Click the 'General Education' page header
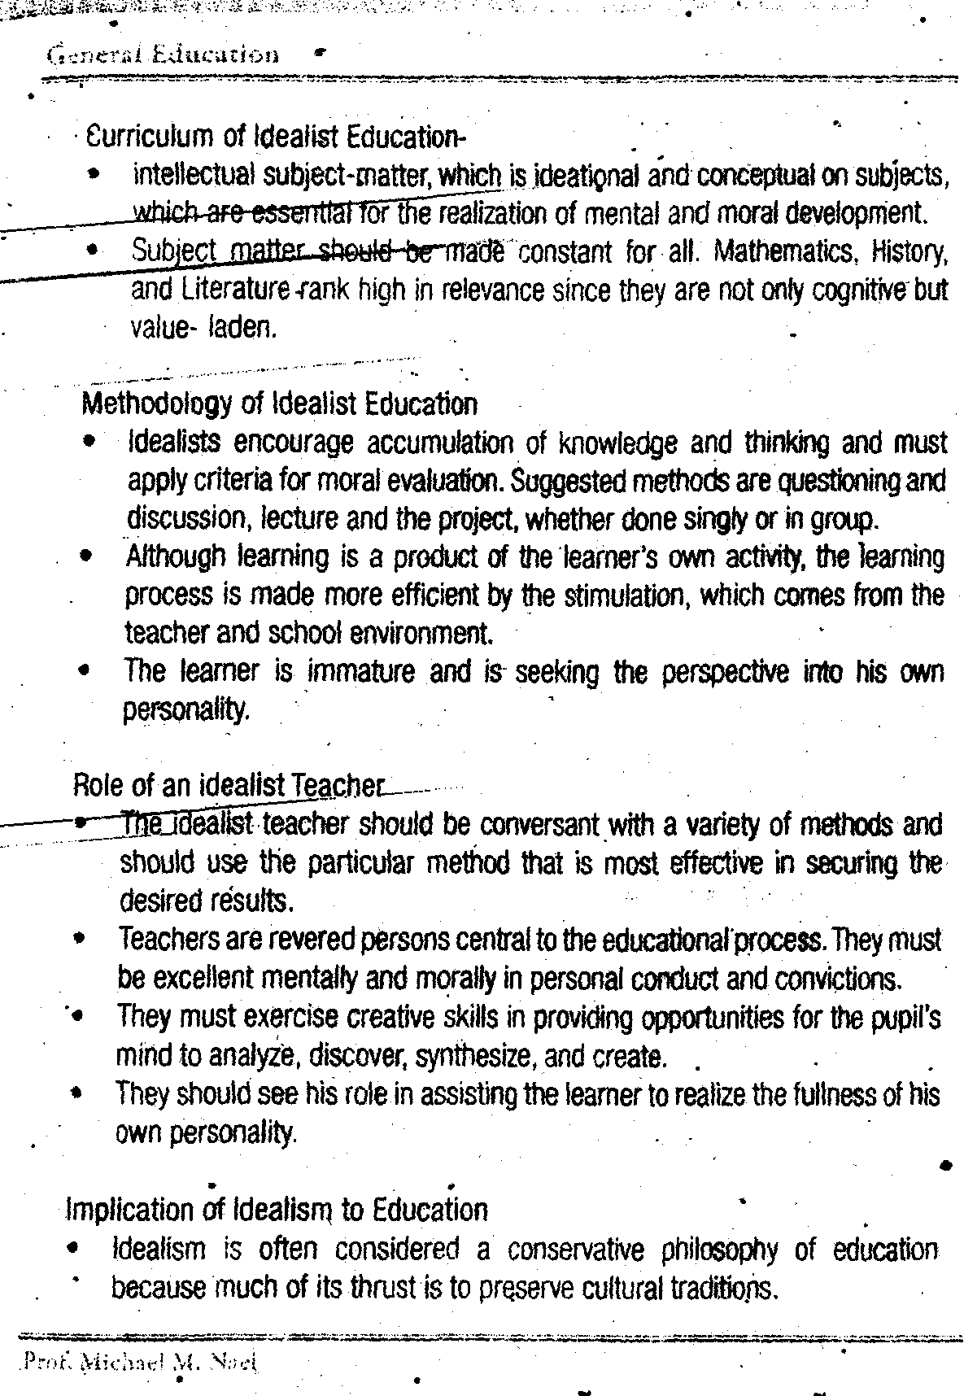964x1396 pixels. click(x=164, y=55)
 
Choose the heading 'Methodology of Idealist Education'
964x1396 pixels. click(x=279, y=404)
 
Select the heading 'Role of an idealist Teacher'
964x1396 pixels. click(x=227, y=785)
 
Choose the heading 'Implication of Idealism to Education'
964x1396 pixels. click(x=276, y=1209)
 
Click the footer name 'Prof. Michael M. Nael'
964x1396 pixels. click(x=140, y=1361)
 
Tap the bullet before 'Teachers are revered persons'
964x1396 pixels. click(x=78, y=939)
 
